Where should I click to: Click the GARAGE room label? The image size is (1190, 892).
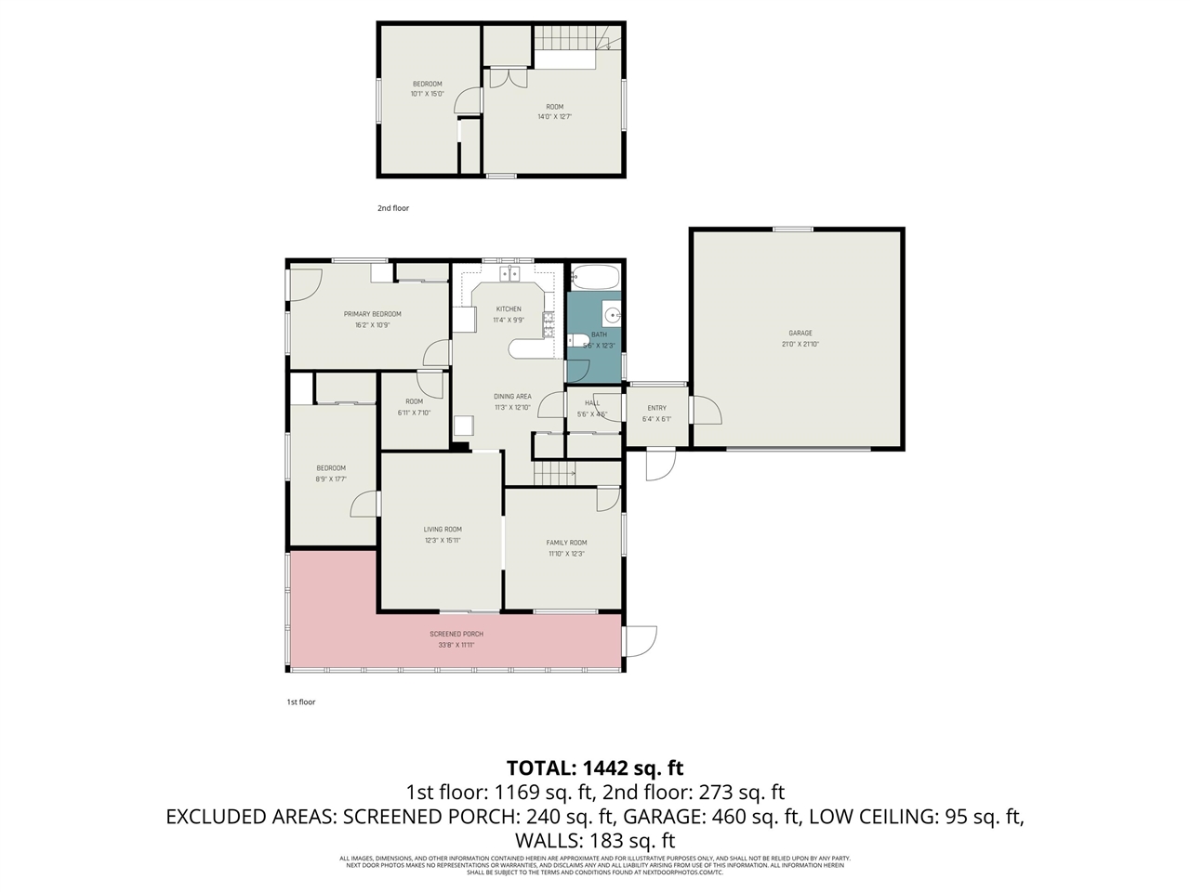coord(800,333)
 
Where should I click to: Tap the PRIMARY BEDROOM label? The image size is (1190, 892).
coord(372,314)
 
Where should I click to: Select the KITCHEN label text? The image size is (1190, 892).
coord(508,308)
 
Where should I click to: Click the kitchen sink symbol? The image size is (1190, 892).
coord(509,273)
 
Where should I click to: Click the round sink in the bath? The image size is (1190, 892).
coord(611,315)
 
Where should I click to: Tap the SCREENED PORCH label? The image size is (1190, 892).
coord(456,634)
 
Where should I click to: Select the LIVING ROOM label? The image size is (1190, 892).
coord(443,529)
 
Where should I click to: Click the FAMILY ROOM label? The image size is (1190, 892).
coord(566,543)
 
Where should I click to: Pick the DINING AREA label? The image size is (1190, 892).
coord(512,396)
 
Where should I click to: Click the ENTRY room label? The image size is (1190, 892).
coord(656,408)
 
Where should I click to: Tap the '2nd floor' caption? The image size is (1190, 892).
coord(392,208)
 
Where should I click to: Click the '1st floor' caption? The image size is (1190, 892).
coord(300,702)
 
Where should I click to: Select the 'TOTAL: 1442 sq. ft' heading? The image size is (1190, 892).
coord(595,767)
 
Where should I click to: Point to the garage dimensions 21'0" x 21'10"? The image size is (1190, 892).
coord(800,345)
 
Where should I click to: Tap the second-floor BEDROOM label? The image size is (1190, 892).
coord(427,84)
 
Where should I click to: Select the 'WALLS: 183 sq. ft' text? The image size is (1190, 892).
coord(595,841)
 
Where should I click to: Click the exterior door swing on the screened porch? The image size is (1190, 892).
coord(641,639)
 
